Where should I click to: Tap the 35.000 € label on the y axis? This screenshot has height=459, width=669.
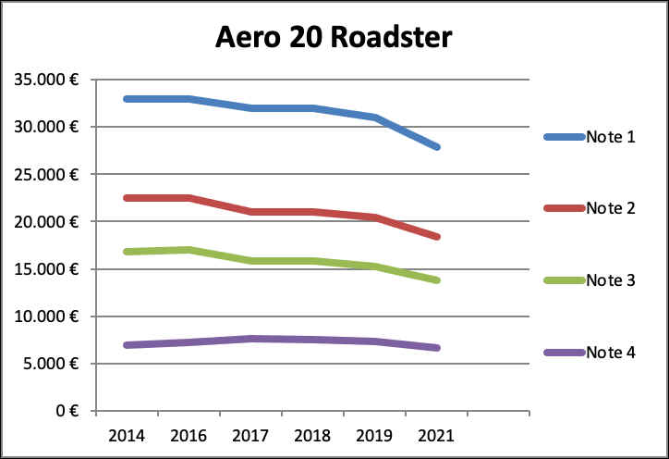(x=46, y=80)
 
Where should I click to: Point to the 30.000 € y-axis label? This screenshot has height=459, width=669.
(x=46, y=127)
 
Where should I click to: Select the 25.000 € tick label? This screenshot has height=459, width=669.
(x=46, y=174)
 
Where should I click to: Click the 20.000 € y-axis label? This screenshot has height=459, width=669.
(x=46, y=222)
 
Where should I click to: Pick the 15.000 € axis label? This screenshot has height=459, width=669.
(x=46, y=269)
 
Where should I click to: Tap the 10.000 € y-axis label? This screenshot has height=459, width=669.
(x=46, y=316)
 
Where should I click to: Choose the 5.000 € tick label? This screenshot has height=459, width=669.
(x=50, y=364)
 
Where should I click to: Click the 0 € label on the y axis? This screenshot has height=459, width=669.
(x=65, y=411)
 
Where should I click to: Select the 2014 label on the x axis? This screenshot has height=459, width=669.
(x=127, y=434)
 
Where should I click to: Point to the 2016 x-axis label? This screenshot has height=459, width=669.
(x=189, y=434)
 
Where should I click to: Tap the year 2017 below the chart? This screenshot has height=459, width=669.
(x=251, y=434)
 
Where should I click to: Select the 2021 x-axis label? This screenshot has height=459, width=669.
(x=437, y=434)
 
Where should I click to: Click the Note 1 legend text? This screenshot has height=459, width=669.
(x=610, y=137)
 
